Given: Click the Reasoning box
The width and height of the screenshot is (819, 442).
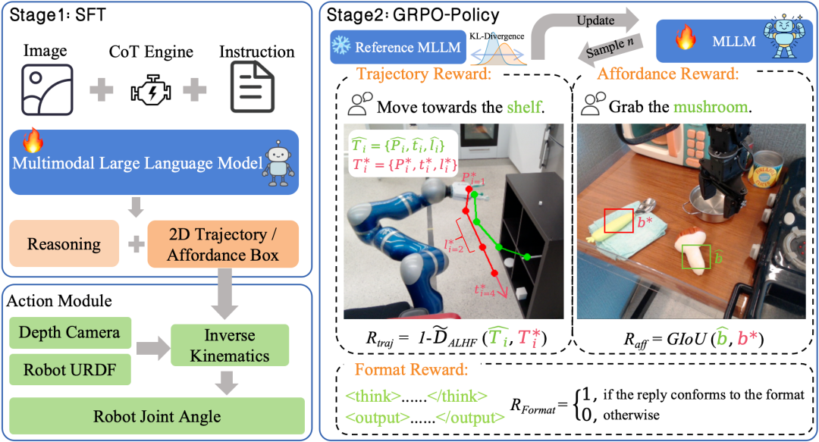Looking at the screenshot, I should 64,244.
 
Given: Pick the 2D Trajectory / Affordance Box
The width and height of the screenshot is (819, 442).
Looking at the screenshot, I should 222,244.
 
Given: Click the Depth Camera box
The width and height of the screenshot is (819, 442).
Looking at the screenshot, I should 70,333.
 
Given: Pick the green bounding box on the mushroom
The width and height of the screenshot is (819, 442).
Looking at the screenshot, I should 696,258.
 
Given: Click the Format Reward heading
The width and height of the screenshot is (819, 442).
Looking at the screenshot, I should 404,371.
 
